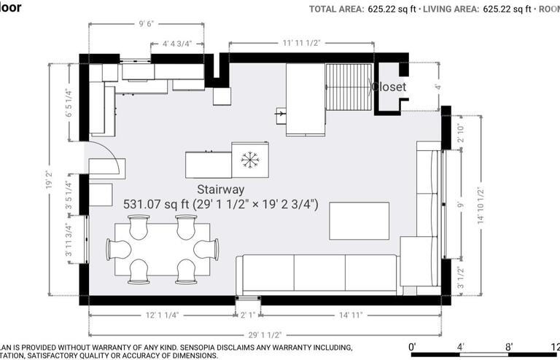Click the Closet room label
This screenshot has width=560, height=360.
[389, 87]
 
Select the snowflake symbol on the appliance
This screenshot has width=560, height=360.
[250, 159]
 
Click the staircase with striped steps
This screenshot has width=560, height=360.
[349, 86]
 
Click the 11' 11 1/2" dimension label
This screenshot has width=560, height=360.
[301, 43]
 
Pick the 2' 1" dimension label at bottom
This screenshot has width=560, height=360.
[248, 315]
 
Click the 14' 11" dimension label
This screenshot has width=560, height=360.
[351, 315]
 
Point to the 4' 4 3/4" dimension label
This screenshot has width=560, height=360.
[177, 43]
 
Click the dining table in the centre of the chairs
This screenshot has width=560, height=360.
[162, 249]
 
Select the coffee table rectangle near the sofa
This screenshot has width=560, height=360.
[359, 221]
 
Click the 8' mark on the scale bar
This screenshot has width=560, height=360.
[508, 346]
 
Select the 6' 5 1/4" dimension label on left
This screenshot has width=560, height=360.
[69, 103]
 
